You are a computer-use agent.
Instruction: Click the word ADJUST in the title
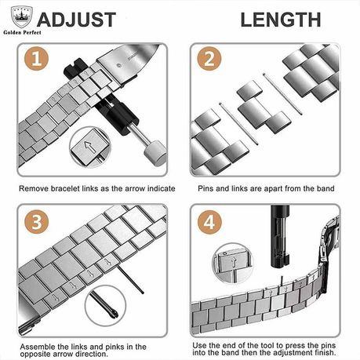(x=76, y=20)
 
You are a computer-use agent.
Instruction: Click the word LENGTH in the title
(x=281, y=20)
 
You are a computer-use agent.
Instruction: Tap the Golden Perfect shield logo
(x=21, y=17)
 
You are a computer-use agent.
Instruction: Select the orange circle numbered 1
(x=36, y=59)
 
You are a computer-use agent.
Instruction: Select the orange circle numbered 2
(x=209, y=59)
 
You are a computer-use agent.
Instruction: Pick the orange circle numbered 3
(x=36, y=222)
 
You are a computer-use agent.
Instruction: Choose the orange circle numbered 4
(x=209, y=222)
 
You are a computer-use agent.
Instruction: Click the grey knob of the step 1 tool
(x=156, y=154)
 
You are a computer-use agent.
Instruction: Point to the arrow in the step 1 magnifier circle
(x=89, y=148)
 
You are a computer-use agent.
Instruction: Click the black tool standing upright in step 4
(x=280, y=236)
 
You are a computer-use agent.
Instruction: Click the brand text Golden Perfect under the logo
(x=22, y=32)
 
